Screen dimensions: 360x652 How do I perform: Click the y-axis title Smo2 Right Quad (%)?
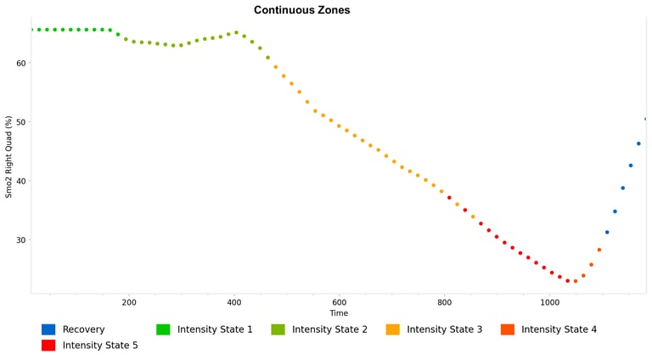(9, 157)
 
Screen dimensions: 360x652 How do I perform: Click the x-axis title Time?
(339, 313)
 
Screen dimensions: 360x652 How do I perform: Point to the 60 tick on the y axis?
(21, 63)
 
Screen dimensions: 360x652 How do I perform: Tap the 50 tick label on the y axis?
(21, 122)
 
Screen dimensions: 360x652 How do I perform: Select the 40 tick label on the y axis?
(21, 181)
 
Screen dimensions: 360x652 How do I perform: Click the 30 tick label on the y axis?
(21, 240)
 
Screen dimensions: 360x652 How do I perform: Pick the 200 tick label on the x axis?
(129, 302)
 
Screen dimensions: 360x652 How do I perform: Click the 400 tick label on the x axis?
(234, 302)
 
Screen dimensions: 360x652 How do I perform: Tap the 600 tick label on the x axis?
(340, 302)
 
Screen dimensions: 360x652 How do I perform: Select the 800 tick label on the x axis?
(444, 302)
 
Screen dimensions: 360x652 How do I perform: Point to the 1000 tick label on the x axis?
(549, 302)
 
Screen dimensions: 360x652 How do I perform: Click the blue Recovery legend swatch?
(48, 329)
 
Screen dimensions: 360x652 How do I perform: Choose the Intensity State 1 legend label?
(215, 329)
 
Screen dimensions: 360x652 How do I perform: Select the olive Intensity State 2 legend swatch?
(278, 329)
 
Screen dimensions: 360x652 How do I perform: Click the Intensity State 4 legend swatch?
(507, 329)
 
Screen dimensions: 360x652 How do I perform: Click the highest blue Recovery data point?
(646, 119)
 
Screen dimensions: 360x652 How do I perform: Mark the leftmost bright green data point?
(31, 30)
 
